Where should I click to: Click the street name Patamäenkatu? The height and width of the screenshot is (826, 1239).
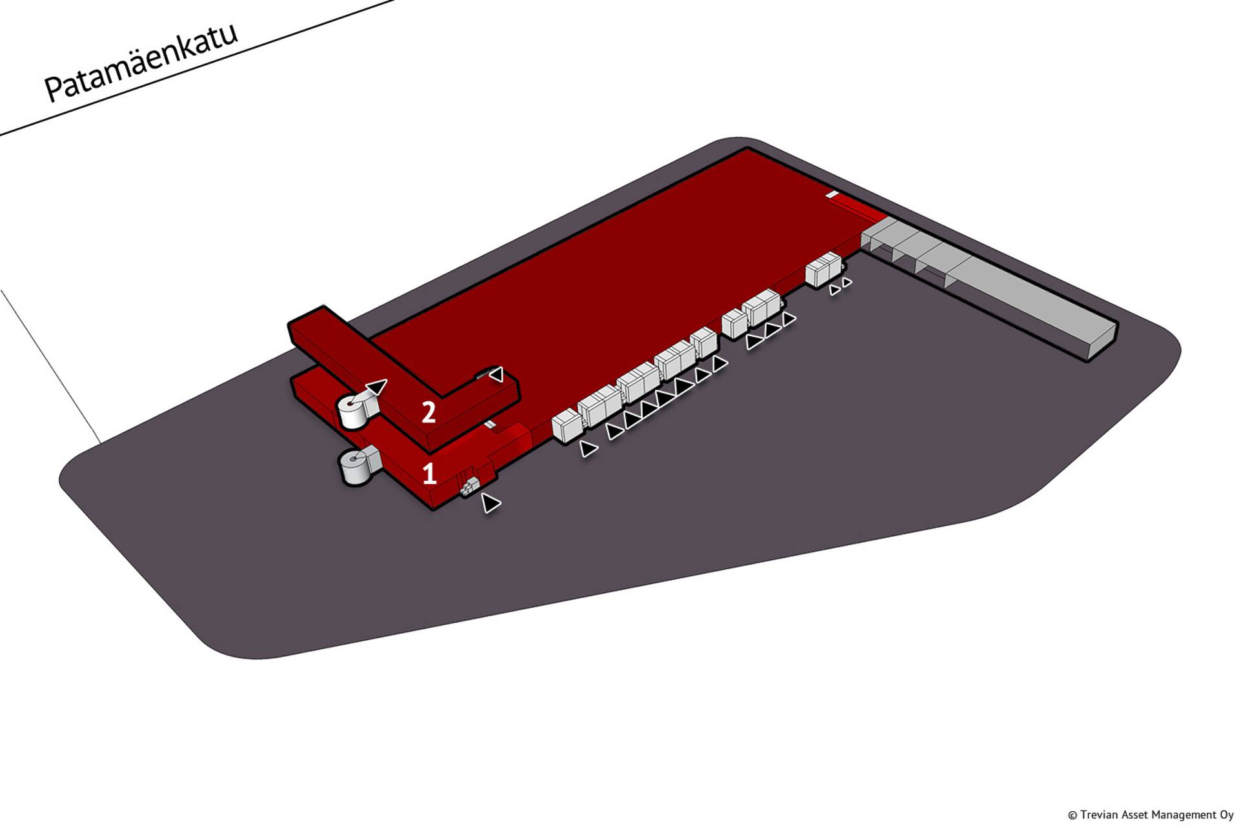point(141,63)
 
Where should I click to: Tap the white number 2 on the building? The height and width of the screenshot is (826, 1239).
point(428,412)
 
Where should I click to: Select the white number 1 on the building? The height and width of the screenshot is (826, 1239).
point(430,474)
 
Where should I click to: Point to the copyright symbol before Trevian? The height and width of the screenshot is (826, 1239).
point(1073,815)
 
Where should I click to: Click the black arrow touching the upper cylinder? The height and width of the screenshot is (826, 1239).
point(376,388)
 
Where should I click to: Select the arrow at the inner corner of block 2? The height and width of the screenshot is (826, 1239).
point(496,374)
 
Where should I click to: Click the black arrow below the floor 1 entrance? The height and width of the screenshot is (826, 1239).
point(490,503)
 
